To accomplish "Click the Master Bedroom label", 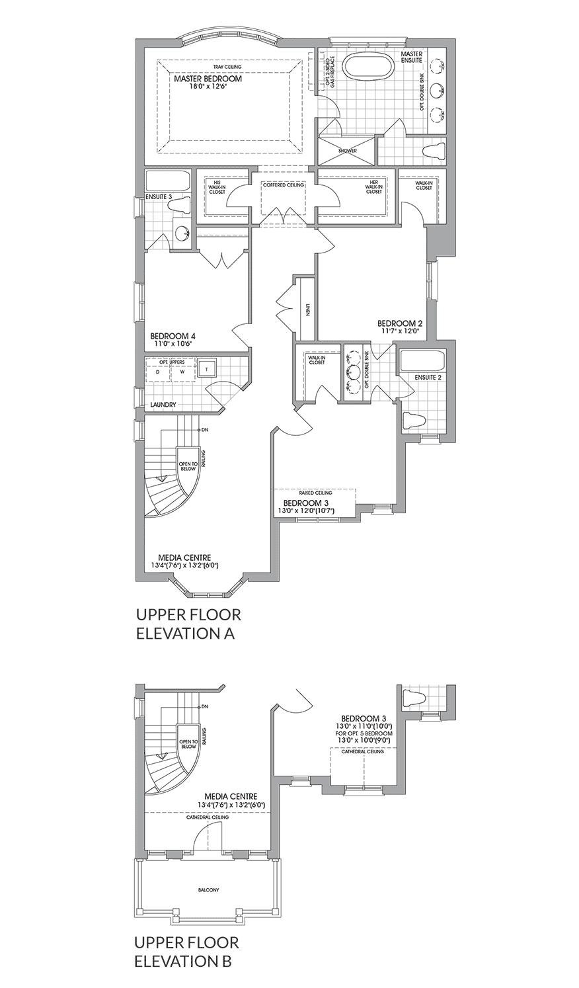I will tap(208, 79).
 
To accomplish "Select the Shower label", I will tap(347, 151).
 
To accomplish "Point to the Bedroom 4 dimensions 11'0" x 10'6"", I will tap(172, 344).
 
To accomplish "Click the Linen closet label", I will tap(308, 310).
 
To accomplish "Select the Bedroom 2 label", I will tap(400, 323).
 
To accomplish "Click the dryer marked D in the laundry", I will tap(158, 372).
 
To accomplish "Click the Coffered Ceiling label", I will tap(284, 185).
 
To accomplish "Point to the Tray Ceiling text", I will tap(227, 67).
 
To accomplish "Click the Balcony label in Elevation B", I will tap(208, 890).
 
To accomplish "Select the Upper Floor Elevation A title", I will tap(188, 624).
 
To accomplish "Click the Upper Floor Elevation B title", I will tap(187, 951).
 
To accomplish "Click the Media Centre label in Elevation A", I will tap(184, 557).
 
